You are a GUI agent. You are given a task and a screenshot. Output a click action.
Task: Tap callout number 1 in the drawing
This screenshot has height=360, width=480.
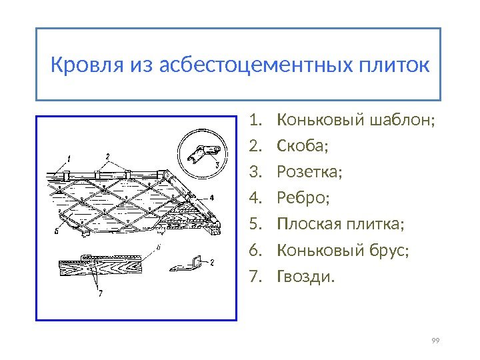click(67, 158)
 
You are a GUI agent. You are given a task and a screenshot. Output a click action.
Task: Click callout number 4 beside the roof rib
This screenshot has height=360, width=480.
click(211, 198)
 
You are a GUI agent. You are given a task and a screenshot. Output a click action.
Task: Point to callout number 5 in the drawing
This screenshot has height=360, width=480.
click(57, 233)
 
